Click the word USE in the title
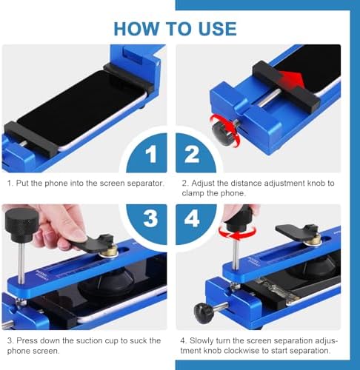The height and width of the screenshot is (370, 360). pyautogui.click(x=217, y=29)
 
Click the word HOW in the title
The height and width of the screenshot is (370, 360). pyautogui.click(x=137, y=29)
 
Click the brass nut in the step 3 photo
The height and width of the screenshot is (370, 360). pyautogui.click(x=110, y=250)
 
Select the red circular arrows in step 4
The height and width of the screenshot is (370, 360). pyautogui.click(x=238, y=232)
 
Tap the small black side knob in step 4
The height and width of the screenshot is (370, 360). pyautogui.click(x=204, y=312)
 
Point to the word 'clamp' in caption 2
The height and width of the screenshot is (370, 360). pyautogui.click(x=193, y=193)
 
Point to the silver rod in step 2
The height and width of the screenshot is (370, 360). pyautogui.click(x=271, y=98)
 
